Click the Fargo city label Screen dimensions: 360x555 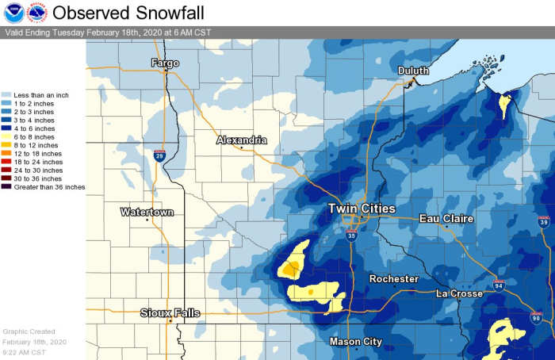click(x=165, y=63)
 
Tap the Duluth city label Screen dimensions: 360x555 click(x=413, y=71)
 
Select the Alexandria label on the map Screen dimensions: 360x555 click(x=242, y=140)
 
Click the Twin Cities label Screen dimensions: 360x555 click(x=362, y=209)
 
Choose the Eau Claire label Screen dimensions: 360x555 click(x=446, y=218)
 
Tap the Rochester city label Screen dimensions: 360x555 click(x=393, y=279)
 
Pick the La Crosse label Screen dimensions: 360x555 click(x=461, y=293)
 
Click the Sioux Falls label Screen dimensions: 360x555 click(x=170, y=312)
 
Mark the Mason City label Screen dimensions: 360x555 click(x=355, y=342)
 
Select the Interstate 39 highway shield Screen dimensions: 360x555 click(x=543, y=220)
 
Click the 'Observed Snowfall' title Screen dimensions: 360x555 click(x=128, y=13)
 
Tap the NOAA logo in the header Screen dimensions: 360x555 click(x=13, y=13)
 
